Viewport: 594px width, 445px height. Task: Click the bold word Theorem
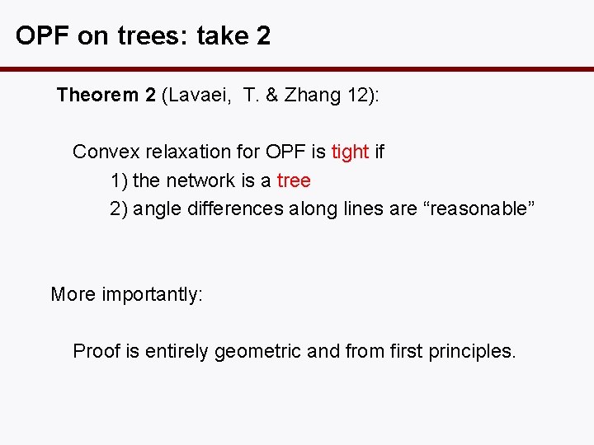pos(97,95)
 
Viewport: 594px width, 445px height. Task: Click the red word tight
pos(350,152)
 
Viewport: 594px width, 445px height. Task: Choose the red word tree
pos(294,180)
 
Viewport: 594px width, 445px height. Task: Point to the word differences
pos(236,208)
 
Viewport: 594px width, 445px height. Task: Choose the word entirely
pos(177,351)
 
